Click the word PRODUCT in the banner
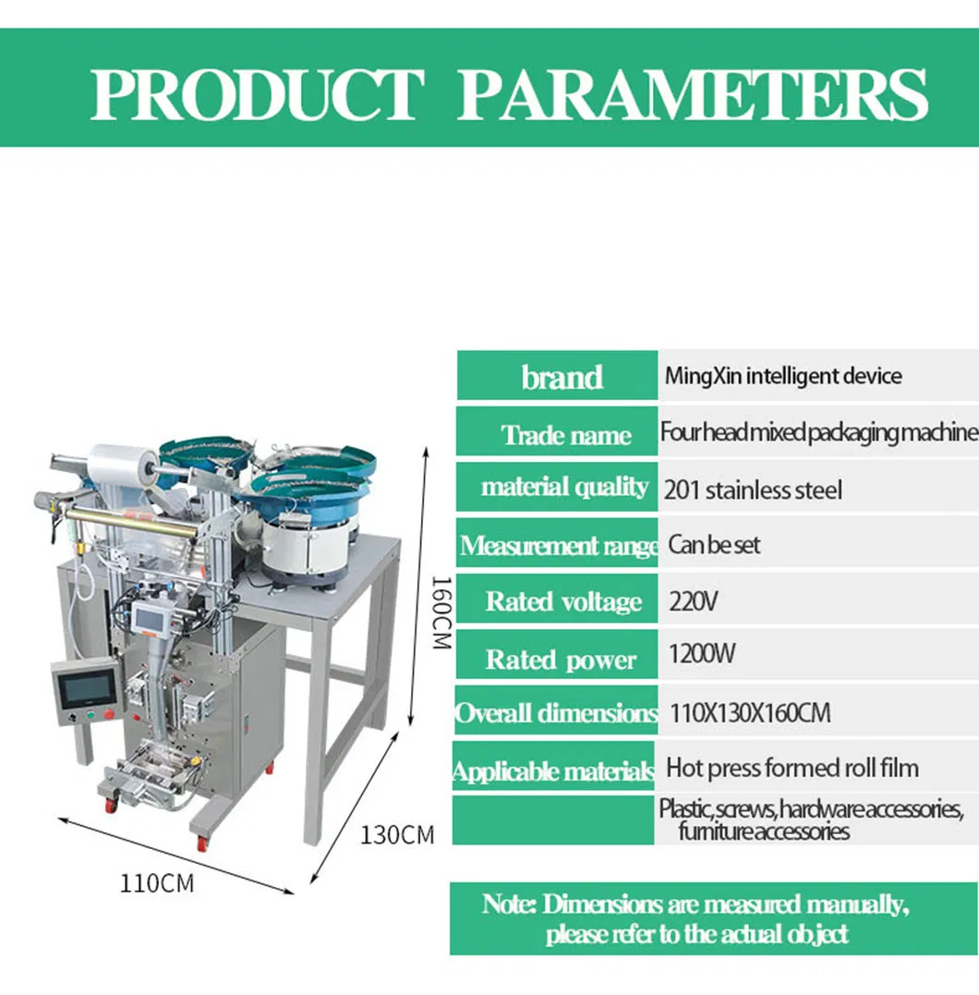tap(257, 94)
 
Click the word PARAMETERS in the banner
tap(692, 94)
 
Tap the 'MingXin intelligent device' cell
tap(783, 376)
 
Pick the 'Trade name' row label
tap(566, 435)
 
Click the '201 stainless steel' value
tap(753, 490)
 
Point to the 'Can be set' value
tap(714, 544)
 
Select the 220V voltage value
tap(693, 601)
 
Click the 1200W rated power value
tap(702, 653)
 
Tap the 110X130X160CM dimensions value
tap(750, 712)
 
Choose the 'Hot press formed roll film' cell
tap(792, 768)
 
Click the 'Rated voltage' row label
tap(563, 601)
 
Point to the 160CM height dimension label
tap(441, 613)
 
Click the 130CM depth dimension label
tap(397, 835)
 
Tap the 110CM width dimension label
tap(157, 883)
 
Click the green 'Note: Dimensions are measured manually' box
tap(713, 918)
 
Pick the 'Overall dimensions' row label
tap(556, 713)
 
